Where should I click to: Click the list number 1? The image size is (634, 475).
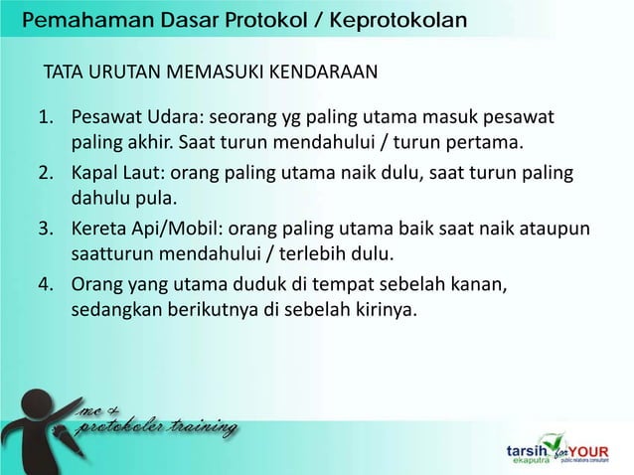(x=46, y=121)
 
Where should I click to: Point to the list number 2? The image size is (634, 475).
(x=46, y=175)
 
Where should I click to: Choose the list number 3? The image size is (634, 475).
(x=46, y=230)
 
